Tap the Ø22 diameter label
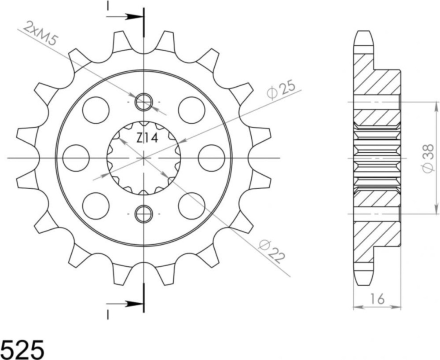pyautogui.click(x=270, y=251)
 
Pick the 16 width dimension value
pyautogui.click(x=377, y=299)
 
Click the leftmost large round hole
pyautogui.click(x=76, y=158)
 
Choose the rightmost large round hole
pyautogui.click(x=211, y=158)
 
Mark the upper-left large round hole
pyautogui.click(x=95, y=110)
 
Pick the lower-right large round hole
pyautogui.click(x=192, y=206)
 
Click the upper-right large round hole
pyautogui.click(x=192, y=110)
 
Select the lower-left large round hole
pyautogui.click(x=95, y=206)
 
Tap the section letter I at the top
pyautogui.click(x=107, y=6)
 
